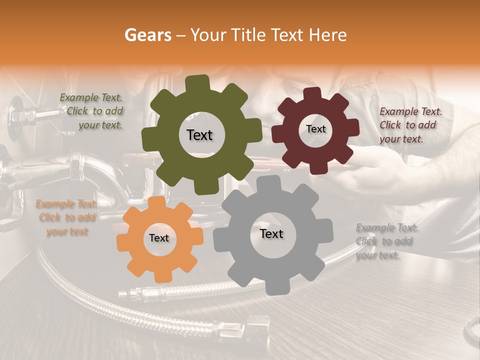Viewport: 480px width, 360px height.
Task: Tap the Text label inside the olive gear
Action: pos(199,135)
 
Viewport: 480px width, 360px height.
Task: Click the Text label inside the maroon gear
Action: pos(315,129)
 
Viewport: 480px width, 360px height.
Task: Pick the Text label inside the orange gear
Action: pos(159,238)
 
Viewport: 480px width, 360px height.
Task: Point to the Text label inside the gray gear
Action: pos(271,234)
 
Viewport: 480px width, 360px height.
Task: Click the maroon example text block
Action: pos(410,125)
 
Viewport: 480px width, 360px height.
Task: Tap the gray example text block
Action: pos(386,241)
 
